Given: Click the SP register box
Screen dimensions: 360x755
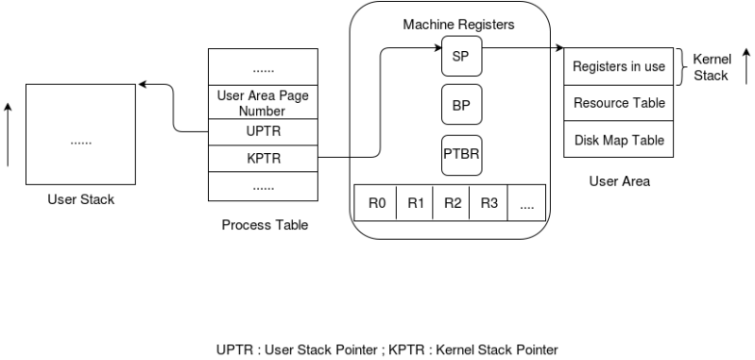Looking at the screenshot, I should coord(461,58).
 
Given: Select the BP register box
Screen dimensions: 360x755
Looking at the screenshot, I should coord(461,106).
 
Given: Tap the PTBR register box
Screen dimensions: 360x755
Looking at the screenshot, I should coord(461,155).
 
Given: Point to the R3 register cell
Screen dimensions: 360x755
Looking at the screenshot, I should coord(489,202).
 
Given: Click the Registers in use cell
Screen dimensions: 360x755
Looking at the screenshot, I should coord(619,67).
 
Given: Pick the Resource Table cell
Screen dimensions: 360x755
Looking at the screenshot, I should coord(619,103).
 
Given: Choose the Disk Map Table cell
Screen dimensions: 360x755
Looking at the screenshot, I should coord(619,140).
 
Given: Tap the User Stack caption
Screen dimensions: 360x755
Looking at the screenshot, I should coord(80,200).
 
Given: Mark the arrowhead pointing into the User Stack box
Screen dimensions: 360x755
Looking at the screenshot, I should coord(143,86).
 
